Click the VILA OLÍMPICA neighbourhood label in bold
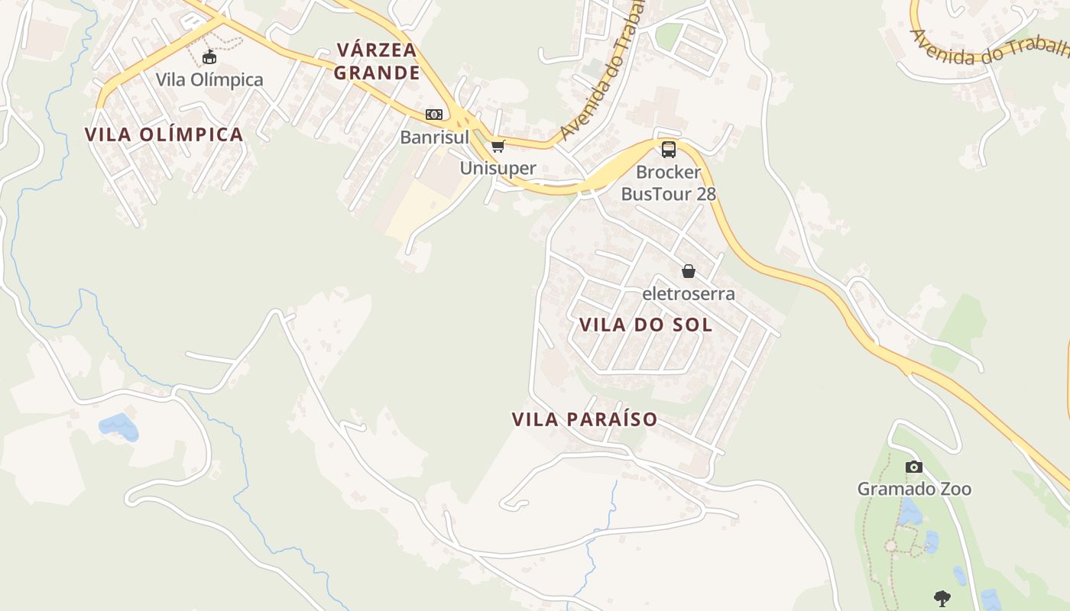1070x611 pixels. (x=164, y=135)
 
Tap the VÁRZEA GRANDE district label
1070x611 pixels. (x=378, y=62)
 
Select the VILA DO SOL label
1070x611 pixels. (x=646, y=325)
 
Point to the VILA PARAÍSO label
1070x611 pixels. (x=585, y=419)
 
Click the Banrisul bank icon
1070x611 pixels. (x=434, y=115)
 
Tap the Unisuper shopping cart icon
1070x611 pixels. (x=498, y=146)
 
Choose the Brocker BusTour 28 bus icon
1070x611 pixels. (x=669, y=150)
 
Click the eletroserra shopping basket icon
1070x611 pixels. (x=689, y=271)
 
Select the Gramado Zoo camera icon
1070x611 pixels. (x=914, y=467)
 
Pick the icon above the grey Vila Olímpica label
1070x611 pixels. (x=209, y=57)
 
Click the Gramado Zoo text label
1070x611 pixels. (x=914, y=489)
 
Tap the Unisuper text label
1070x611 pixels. (x=498, y=168)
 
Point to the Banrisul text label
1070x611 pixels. (x=435, y=137)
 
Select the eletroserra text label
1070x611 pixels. (x=689, y=293)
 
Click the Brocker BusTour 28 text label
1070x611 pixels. (x=669, y=183)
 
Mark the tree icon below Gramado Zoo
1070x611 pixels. (x=942, y=598)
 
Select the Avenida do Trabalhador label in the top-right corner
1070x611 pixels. (x=990, y=47)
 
